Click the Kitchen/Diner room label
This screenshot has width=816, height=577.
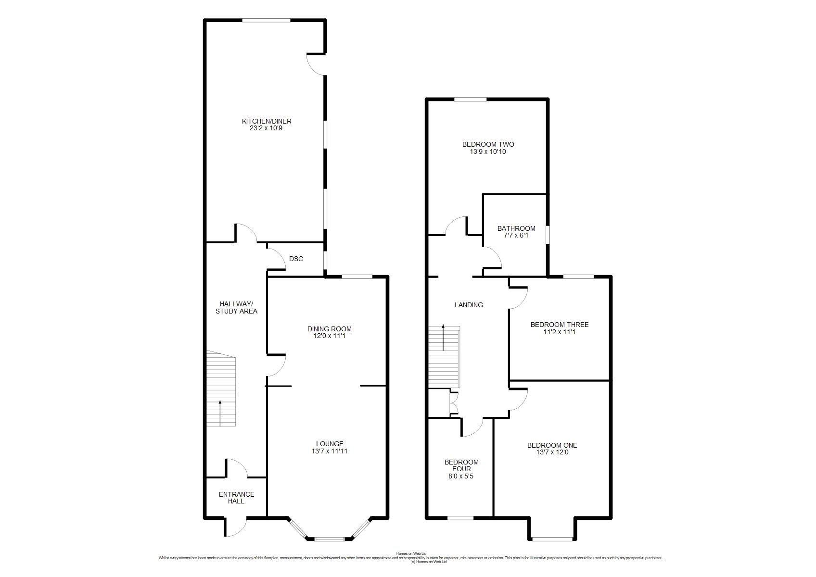click(x=267, y=121)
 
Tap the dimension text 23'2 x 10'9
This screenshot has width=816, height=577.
click(x=266, y=128)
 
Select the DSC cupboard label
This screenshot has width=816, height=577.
click(x=296, y=259)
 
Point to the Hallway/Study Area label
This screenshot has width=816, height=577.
click(x=236, y=308)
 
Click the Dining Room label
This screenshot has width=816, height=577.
click(x=329, y=329)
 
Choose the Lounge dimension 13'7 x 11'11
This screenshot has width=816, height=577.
click(x=329, y=451)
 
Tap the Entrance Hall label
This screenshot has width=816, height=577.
click(x=236, y=498)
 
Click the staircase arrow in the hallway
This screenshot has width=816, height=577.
click(x=220, y=413)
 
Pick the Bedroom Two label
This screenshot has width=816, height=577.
click(x=488, y=145)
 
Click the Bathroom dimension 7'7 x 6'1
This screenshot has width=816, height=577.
click(x=516, y=236)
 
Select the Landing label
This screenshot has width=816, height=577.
click(x=469, y=305)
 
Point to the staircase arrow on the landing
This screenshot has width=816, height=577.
click(x=443, y=337)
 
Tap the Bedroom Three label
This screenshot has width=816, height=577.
click(x=559, y=325)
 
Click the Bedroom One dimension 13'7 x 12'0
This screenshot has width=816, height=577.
click(x=552, y=452)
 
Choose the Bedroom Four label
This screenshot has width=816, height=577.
click(x=461, y=465)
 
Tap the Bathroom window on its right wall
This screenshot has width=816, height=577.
click(x=548, y=235)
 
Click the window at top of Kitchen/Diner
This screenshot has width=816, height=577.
click(x=266, y=20)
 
